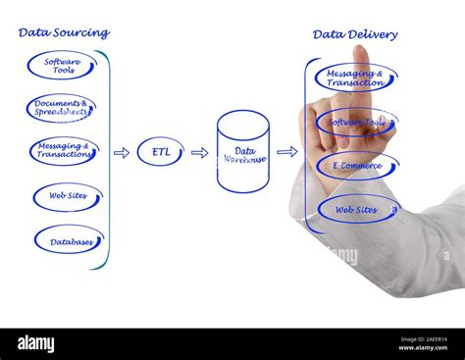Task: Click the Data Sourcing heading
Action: pyautogui.click(x=63, y=32)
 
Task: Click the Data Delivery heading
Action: pyautogui.click(x=355, y=34)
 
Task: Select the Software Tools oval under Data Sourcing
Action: pyautogui.click(x=61, y=66)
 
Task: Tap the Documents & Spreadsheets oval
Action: pyautogui.click(x=61, y=108)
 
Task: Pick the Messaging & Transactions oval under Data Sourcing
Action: pyautogui.click(x=64, y=151)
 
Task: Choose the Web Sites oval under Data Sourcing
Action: pyautogui.click(x=67, y=196)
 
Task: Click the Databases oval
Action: pyautogui.click(x=69, y=240)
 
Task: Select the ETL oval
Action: pyautogui.click(x=160, y=152)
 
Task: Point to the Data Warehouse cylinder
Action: pyautogui.click(x=242, y=152)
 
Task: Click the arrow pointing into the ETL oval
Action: pyautogui.click(x=122, y=153)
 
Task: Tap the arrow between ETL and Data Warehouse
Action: pyautogui.click(x=199, y=153)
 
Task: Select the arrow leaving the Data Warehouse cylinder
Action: pyautogui.click(x=286, y=152)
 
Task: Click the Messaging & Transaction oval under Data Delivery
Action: pyautogui.click(x=355, y=77)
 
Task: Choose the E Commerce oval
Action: pyautogui.click(x=357, y=166)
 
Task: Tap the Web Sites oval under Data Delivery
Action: pyautogui.click(x=358, y=209)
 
